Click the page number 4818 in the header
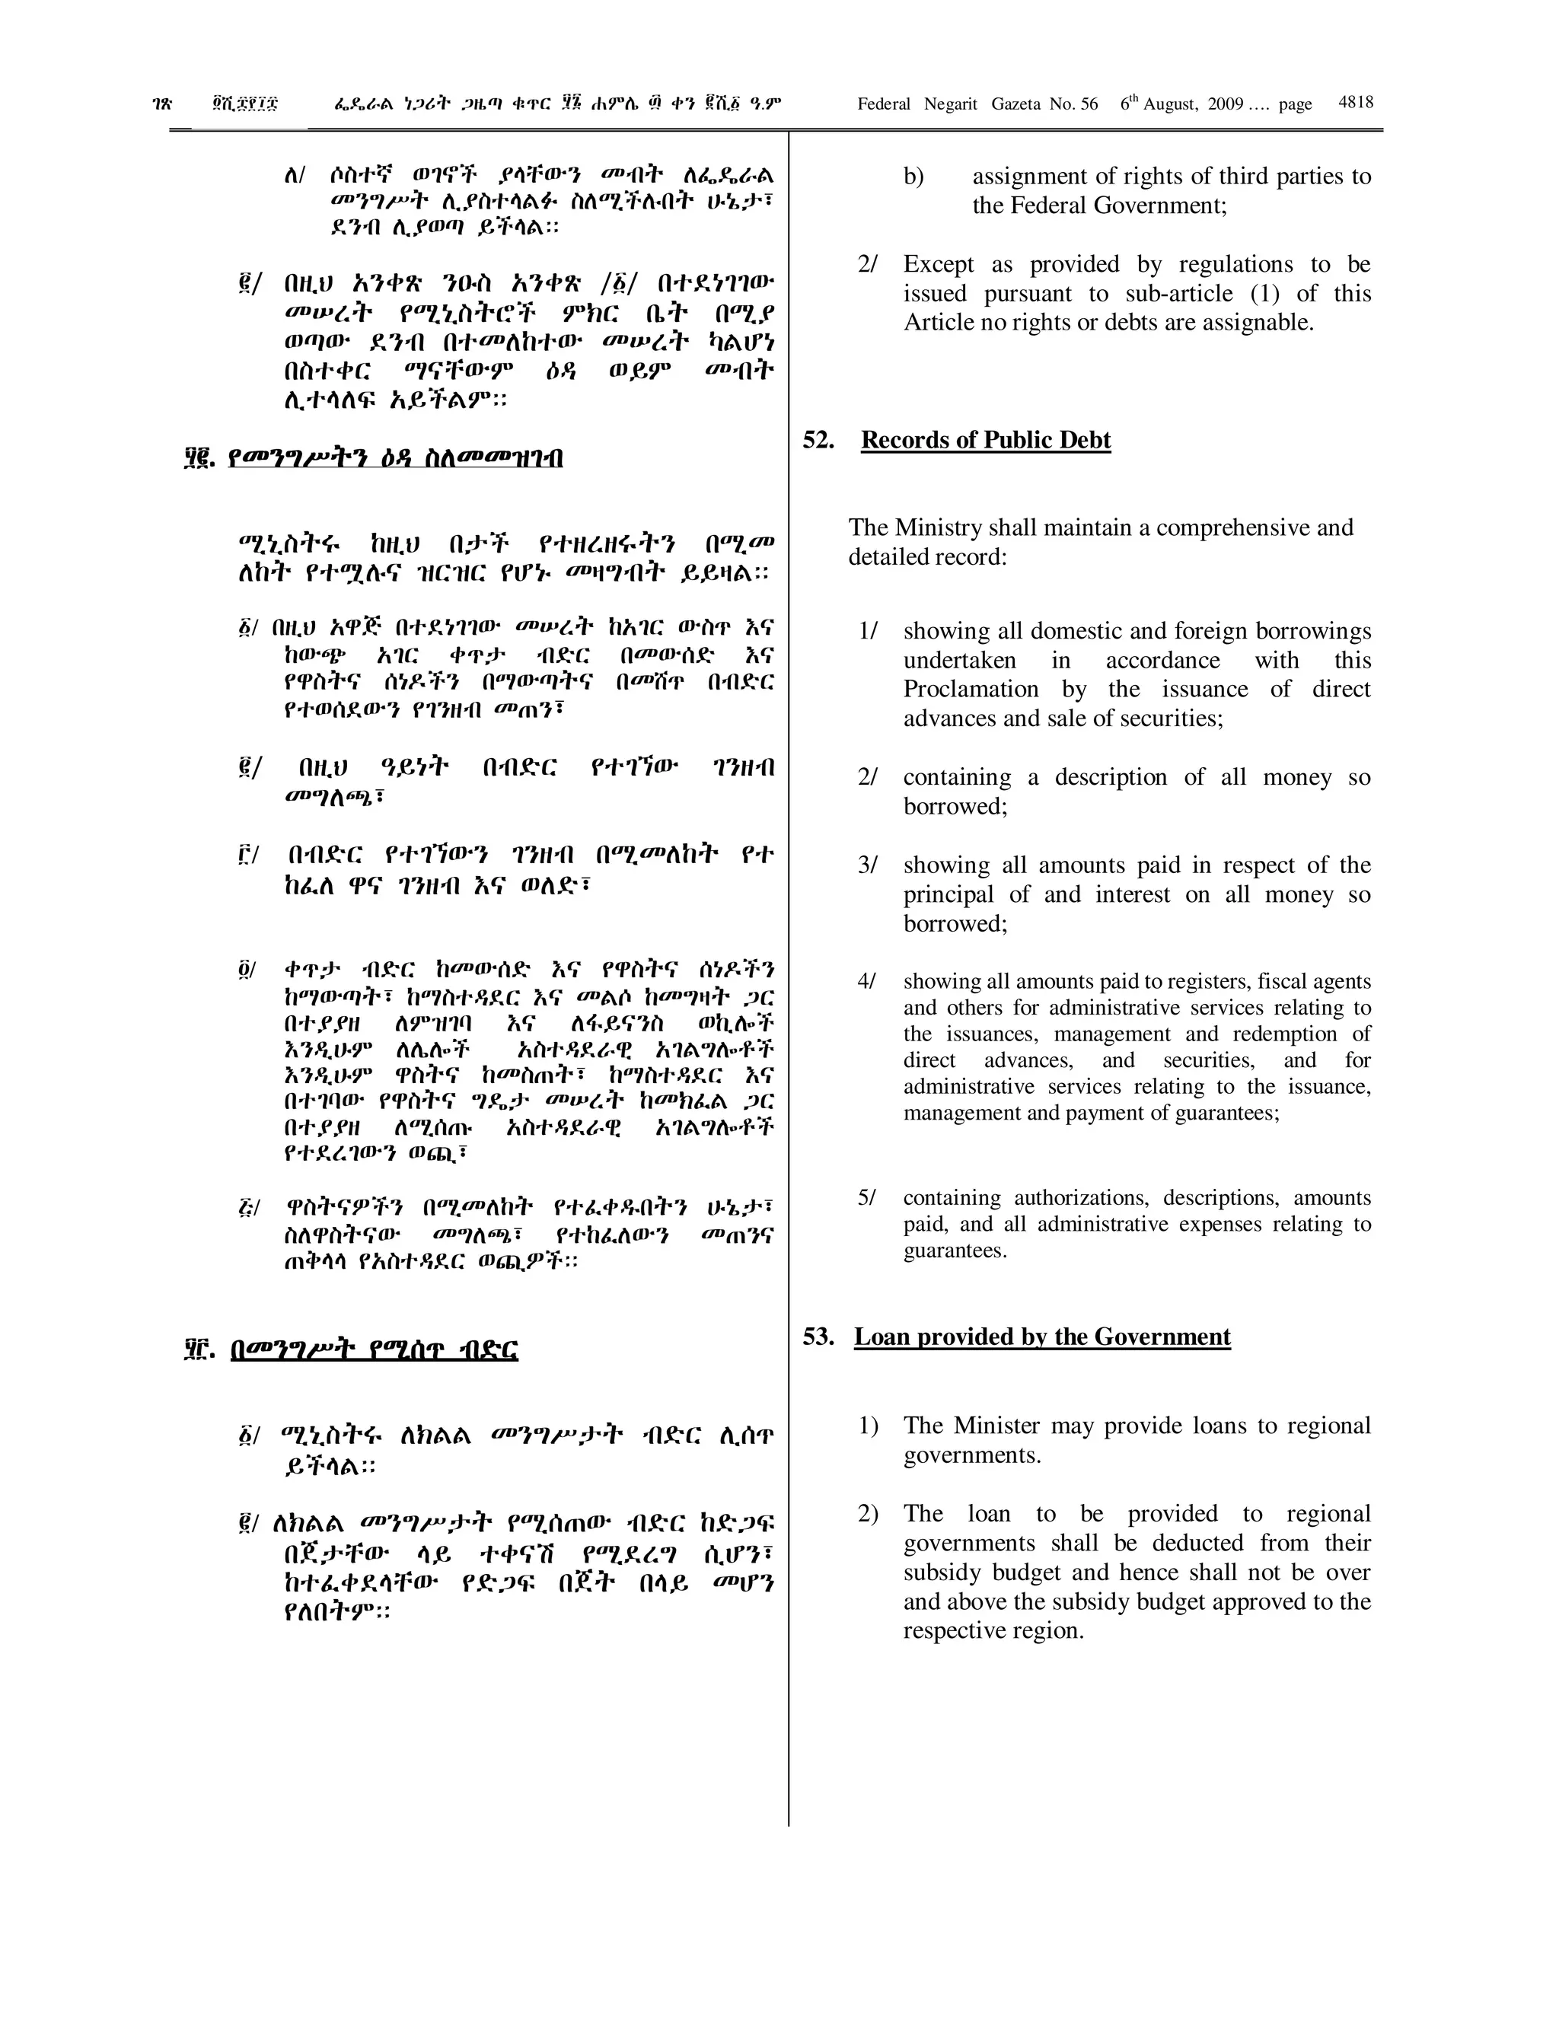coord(1355,103)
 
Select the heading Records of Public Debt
coord(986,440)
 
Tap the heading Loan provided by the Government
coord(1042,1337)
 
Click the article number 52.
coord(818,440)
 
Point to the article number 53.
coord(818,1337)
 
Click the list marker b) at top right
coord(913,177)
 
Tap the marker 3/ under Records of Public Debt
coord(867,865)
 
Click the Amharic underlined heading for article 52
coord(395,458)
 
